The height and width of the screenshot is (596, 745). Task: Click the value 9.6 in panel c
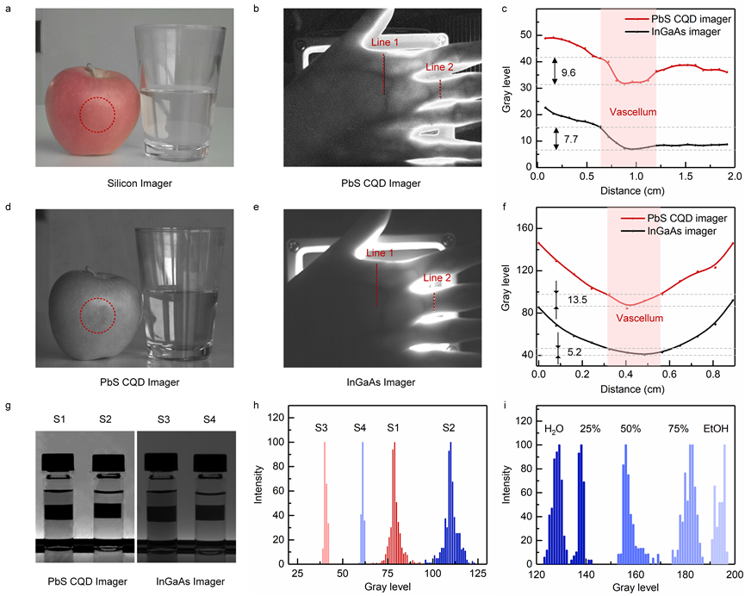pyautogui.click(x=568, y=72)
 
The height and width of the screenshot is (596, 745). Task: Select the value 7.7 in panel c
pyautogui.click(x=568, y=138)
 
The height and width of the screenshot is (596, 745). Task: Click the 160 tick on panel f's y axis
pyautogui.click(x=523, y=228)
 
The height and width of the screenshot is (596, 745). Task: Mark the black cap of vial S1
pyautogui.click(x=59, y=462)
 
